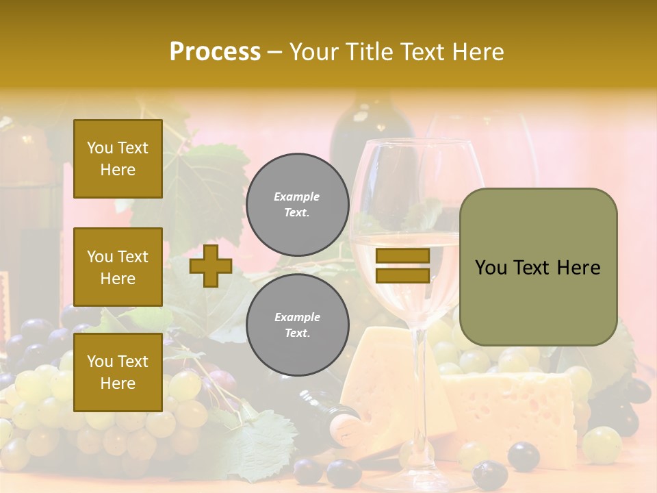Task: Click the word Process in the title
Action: (x=215, y=52)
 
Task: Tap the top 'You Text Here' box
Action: (x=118, y=159)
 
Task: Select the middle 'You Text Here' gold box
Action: (x=118, y=267)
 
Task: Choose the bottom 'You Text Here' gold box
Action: (x=118, y=372)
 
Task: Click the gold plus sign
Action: (x=211, y=266)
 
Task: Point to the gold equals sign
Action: (x=402, y=266)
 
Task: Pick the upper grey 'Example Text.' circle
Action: (x=297, y=204)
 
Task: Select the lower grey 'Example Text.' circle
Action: (x=297, y=325)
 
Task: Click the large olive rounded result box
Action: (x=538, y=267)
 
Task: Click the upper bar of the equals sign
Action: (x=402, y=256)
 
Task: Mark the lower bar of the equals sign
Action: (x=402, y=275)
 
